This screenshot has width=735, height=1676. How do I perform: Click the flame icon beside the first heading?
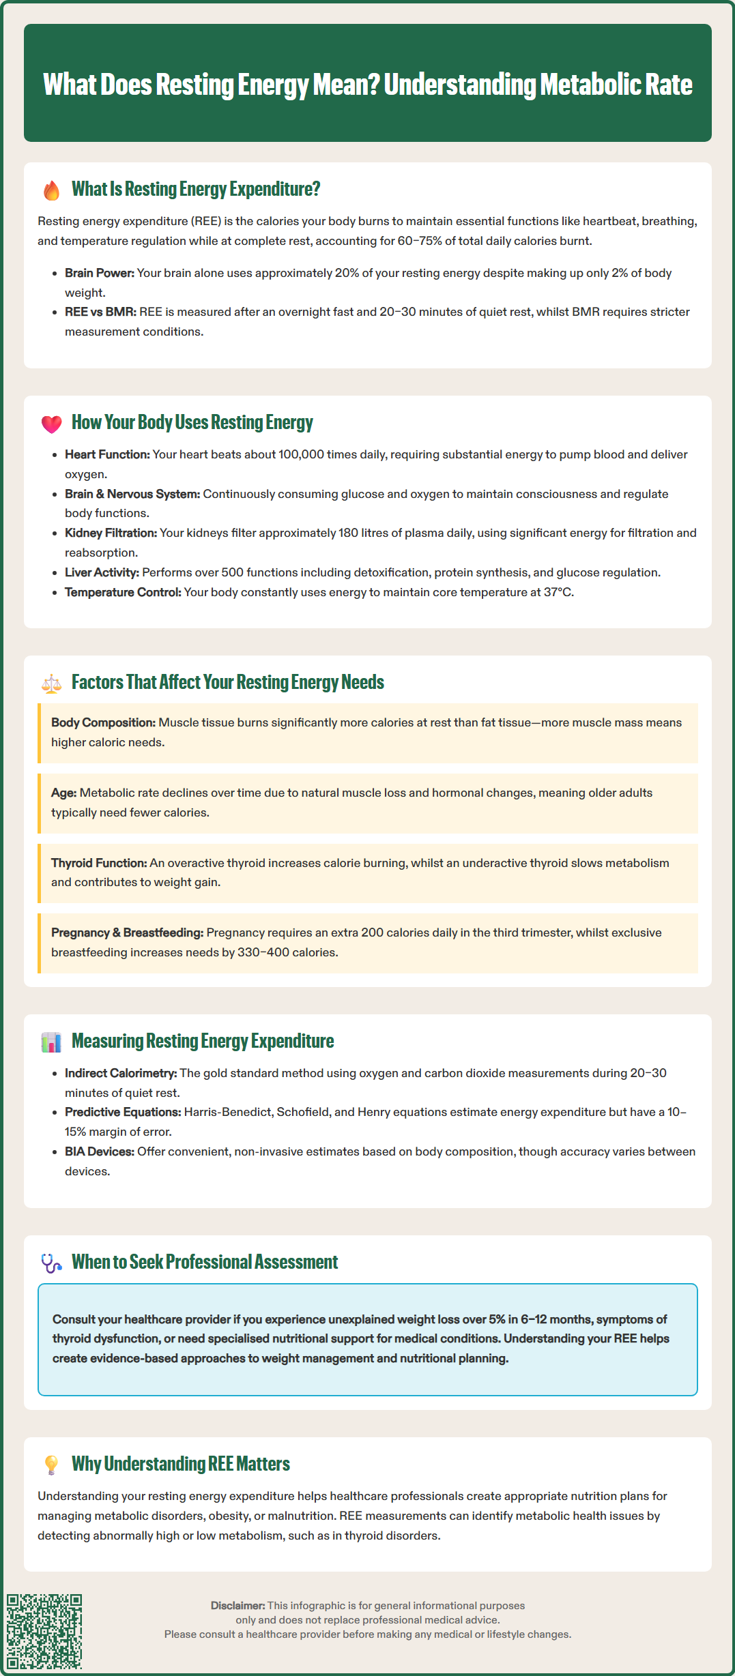pos(51,190)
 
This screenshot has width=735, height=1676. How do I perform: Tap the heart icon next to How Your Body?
pos(51,424)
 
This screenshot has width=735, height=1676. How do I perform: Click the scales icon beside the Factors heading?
pos(51,683)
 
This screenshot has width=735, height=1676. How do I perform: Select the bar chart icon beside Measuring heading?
pos(51,1042)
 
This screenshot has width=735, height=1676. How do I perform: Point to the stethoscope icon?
pos(51,1263)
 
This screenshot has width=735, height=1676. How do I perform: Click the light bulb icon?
pos(51,1465)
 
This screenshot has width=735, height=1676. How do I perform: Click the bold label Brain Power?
pos(99,273)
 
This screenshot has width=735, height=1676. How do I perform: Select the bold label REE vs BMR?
pos(100,312)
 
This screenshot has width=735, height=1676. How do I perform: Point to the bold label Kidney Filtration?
pos(111,533)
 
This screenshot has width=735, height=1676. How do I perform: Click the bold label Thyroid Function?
pos(99,863)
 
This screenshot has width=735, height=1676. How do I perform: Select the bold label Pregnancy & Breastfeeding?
pos(127,932)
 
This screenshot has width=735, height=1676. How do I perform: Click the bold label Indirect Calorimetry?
pos(121,1073)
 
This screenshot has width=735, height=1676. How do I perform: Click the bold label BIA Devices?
pos(100,1151)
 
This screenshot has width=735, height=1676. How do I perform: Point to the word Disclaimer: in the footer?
pos(237,1606)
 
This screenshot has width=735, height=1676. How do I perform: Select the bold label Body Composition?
pos(103,722)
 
